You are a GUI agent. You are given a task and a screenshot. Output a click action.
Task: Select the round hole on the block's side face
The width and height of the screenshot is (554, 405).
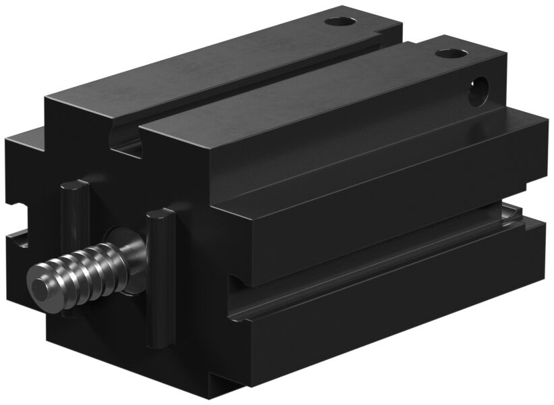click(480, 89)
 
